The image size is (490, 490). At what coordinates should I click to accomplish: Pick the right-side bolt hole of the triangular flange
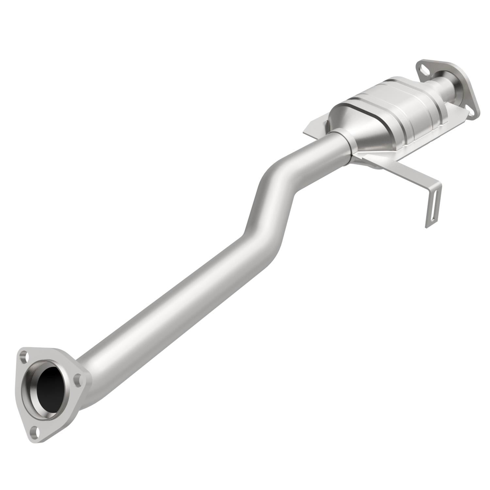(x=77, y=380)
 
